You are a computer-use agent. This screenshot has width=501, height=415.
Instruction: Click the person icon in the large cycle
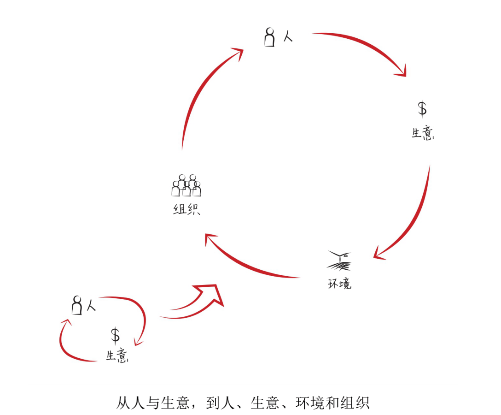[270, 37]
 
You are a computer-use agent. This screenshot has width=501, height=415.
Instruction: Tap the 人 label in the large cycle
[288, 36]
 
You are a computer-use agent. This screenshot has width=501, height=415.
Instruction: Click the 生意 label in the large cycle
[423, 133]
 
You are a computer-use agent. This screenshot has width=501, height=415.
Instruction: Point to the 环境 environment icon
[339, 261]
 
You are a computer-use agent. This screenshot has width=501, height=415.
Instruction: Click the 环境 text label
[339, 283]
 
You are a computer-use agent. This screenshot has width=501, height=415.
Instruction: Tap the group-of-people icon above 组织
[186, 185]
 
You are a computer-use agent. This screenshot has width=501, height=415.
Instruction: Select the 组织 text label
[186, 210]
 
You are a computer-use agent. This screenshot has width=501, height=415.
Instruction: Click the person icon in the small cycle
[77, 305]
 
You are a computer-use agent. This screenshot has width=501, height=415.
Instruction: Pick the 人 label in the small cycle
[91, 305]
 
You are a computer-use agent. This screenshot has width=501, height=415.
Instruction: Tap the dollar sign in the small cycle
[115, 335]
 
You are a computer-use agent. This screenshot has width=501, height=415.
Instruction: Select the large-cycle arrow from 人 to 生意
[368, 46]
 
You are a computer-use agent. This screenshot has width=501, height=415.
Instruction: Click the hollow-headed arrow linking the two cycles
[198, 304]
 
